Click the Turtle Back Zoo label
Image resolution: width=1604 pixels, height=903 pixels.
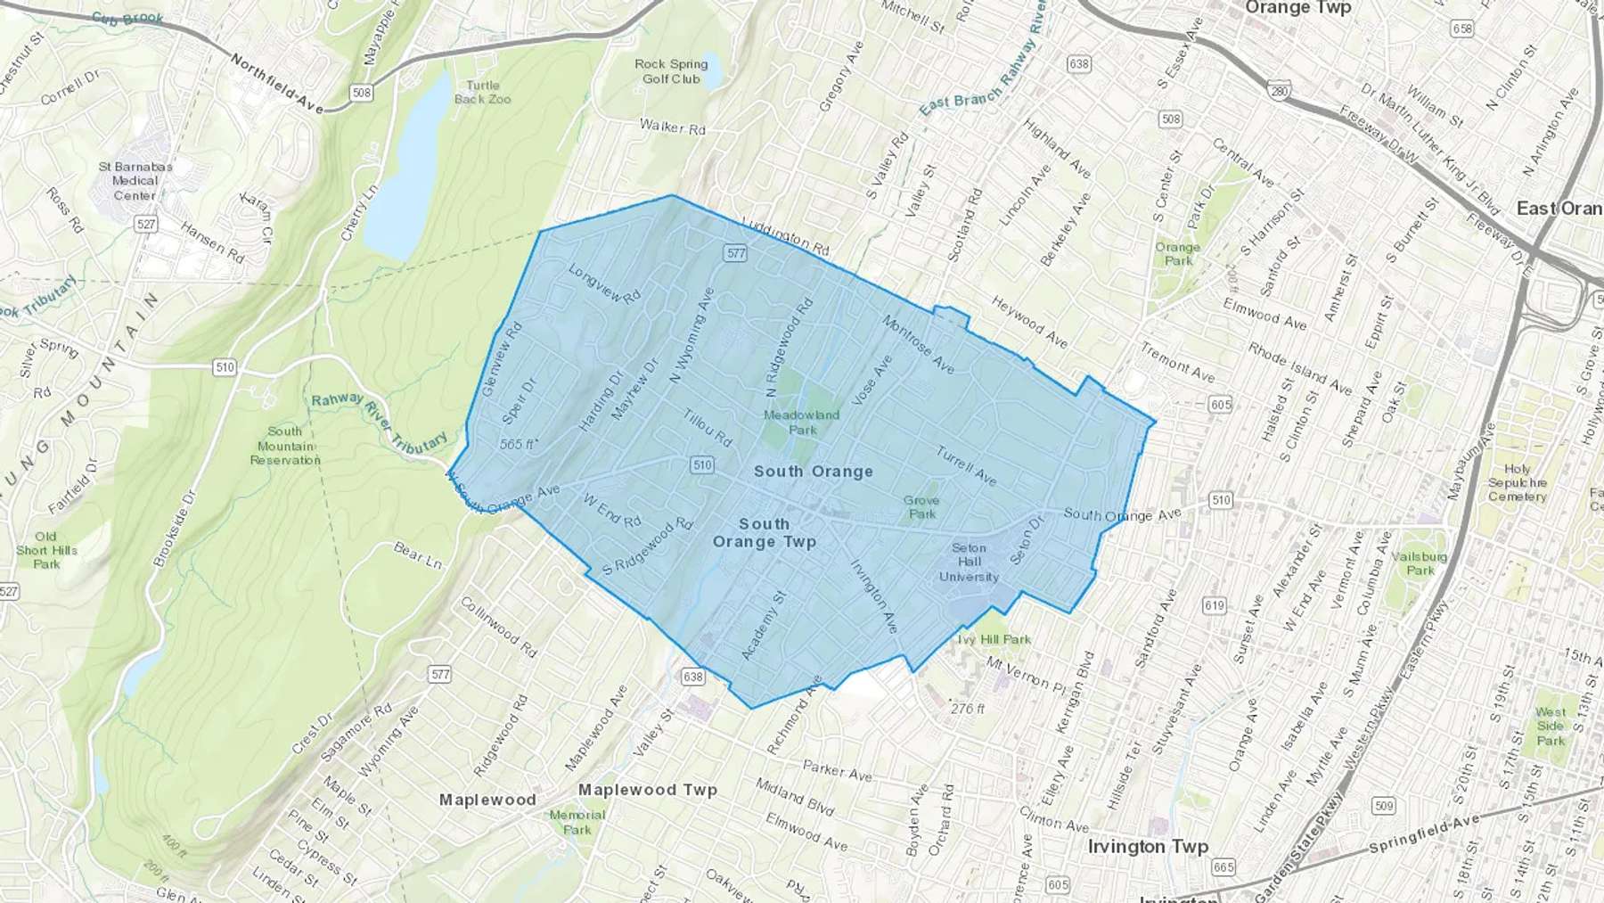pyautogui.click(x=482, y=93)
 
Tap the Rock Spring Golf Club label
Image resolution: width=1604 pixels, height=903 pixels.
pyautogui.click(x=671, y=71)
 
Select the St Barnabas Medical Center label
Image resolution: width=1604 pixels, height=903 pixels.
pyautogui.click(x=135, y=181)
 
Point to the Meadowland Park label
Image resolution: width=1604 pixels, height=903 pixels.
pyautogui.click(x=801, y=422)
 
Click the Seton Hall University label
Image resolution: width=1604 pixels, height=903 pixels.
pyautogui.click(x=969, y=562)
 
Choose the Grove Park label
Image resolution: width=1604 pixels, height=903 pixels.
pyautogui.click(x=921, y=507)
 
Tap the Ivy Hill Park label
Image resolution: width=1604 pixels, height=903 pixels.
pyautogui.click(x=994, y=639)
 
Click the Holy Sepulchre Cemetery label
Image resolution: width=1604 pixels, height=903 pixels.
pyautogui.click(x=1517, y=482)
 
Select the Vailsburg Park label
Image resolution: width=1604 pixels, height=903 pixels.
pyautogui.click(x=1419, y=563)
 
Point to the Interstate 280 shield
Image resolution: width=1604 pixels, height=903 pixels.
pyautogui.click(x=1280, y=91)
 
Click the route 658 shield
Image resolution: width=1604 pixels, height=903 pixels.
pyautogui.click(x=1462, y=29)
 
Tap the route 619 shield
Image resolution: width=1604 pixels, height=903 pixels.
pyautogui.click(x=1215, y=605)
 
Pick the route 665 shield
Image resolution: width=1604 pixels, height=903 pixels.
pyautogui.click(x=1223, y=866)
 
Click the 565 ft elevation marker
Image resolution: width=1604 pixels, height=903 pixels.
pyautogui.click(x=518, y=444)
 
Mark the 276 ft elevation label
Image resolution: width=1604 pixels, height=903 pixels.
pyautogui.click(x=968, y=709)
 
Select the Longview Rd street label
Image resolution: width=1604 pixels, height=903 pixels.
pyautogui.click(x=604, y=284)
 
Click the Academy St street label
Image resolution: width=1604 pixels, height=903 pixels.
pyautogui.click(x=764, y=626)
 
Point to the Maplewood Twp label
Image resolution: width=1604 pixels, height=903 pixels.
pyautogui.click(x=647, y=790)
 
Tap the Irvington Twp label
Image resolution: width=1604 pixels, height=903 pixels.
pyautogui.click(x=1148, y=846)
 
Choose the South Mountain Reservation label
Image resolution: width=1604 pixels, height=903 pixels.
pyautogui.click(x=285, y=446)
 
